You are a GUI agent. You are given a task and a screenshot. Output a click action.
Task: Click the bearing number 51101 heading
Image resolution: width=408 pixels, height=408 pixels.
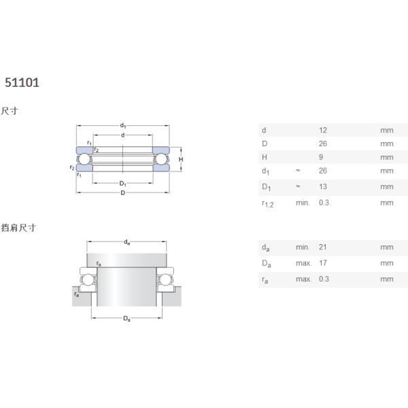tap(22, 83)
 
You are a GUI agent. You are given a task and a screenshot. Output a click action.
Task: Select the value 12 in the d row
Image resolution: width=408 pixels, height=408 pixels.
tap(322, 130)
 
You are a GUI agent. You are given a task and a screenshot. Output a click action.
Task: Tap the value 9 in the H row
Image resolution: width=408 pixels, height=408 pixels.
tap(321, 157)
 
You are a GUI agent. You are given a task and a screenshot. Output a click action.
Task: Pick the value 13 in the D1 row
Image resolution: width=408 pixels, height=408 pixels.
tap(322, 186)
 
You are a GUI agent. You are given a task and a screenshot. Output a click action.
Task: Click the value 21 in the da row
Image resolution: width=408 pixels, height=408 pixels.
tap(322, 247)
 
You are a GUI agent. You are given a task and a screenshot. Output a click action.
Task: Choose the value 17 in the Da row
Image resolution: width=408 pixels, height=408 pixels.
tap(322, 263)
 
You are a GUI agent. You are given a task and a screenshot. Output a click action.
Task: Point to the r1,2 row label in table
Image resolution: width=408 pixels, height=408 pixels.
tap(268, 204)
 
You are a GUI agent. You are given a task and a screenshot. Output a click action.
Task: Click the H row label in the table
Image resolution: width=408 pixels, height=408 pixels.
tap(265, 157)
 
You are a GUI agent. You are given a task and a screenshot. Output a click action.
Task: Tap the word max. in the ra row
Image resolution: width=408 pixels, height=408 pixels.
tap(303, 279)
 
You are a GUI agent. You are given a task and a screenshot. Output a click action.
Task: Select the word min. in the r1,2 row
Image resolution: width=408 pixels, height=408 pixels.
tap(303, 203)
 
